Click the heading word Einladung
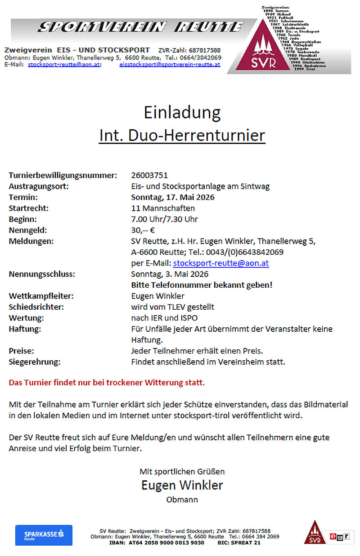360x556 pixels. pos(182,112)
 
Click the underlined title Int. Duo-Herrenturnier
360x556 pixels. pos(182,135)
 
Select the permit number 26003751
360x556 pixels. pos(149,175)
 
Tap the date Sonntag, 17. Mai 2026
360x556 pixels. pos(172,197)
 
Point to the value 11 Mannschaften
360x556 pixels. pos(162,208)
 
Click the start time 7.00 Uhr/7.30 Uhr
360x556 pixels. pos(164,219)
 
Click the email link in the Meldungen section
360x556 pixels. pos(221,263)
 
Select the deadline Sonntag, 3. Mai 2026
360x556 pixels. pos(170,274)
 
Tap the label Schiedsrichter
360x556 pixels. pos(36,307)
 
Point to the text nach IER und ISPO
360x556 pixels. pos(164,318)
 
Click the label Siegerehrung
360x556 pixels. pos(35,362)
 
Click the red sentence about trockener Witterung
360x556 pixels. pos(107,383)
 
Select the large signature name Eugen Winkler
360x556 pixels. pos(182,485)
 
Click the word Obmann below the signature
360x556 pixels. pos(182,500)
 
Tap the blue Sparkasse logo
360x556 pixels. pos(44,535)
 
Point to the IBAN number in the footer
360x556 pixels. pos(157,542)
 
